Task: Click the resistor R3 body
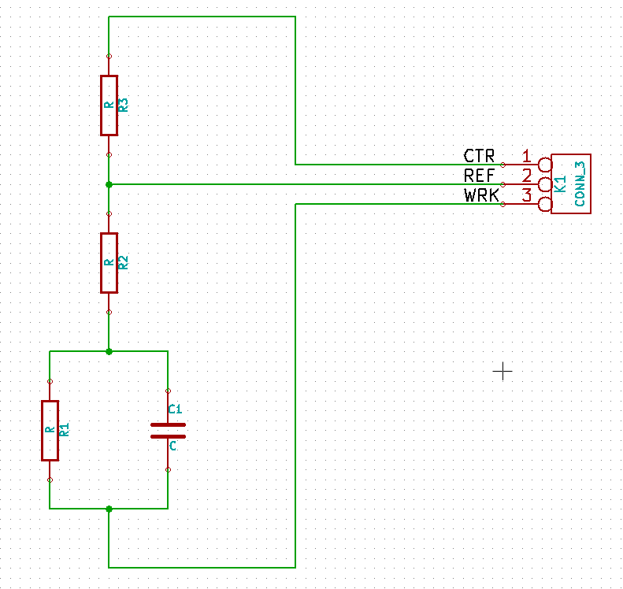click(109, 106)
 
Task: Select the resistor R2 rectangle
click(109, 262)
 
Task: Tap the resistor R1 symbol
click(50, 430)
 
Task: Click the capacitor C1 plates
click(168, 430)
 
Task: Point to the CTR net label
click(479, 156)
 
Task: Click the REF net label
click(479, 176)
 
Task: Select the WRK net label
click(481, 195)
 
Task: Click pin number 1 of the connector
click(526, 156)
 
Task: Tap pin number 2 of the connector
click(526, 176)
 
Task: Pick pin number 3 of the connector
click(526, 195)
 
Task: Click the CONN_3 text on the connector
click(580, 183)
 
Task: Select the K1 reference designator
click(561, 184)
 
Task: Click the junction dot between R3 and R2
click(109, 184)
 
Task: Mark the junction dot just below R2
click(109, 351)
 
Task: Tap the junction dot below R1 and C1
click(109, 509)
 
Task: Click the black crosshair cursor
click(502, 371)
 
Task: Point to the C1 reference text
click(175, 409)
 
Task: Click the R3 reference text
click(124, 105)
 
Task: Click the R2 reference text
click(124, 262)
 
